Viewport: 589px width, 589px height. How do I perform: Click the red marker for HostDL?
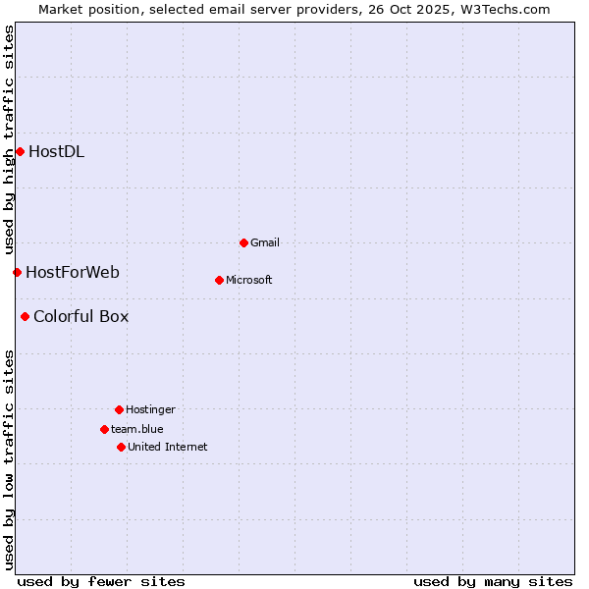tap(20, 151)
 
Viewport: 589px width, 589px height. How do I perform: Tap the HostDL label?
tap(56, 151)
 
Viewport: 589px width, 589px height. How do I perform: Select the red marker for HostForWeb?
tap(17, 272)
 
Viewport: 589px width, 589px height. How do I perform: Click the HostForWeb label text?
tap(73, 272)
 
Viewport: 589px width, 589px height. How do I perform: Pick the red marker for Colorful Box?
tap(25, 316)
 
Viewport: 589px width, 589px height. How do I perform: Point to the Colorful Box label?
tap(80, 316)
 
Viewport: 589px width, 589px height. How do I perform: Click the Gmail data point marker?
tap(243, 242)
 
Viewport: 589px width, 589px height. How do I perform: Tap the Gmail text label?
tap(265, 242)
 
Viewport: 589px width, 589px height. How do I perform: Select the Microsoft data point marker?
tap(219, 280)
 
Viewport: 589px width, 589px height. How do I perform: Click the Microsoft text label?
tap(249, 280)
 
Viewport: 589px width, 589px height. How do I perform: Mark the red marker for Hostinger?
tap(119, 409)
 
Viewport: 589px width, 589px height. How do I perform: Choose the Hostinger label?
tap(150, 409)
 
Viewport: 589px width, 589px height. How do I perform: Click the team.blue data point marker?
tap(104, 429)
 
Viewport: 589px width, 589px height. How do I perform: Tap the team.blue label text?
tap(137, 429)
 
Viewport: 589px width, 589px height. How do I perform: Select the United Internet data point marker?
tap(121, 447)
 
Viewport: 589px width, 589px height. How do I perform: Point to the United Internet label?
tap(168, 447)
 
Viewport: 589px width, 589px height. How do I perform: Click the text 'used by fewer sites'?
tap(101, 581)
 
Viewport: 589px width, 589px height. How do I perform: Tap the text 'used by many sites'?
tap(493, 581)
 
